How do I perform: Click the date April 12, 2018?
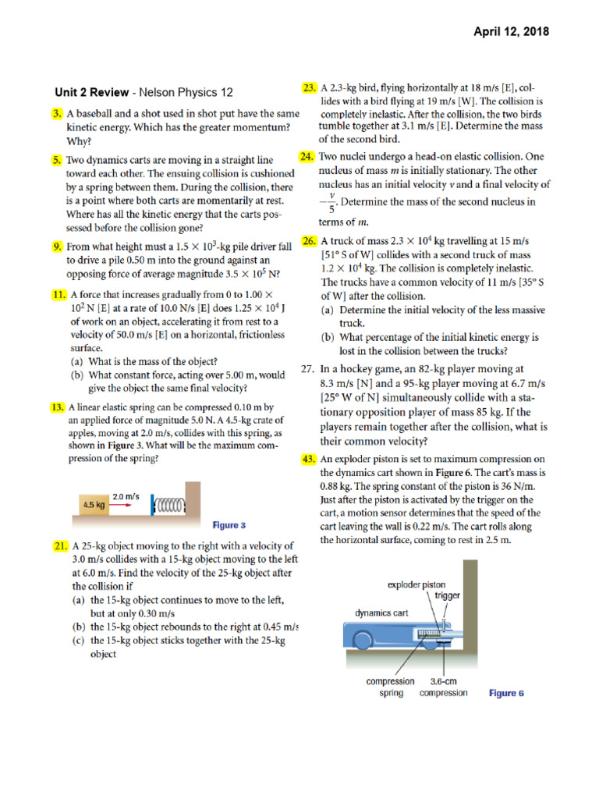(512, 32)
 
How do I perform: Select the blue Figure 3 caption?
(229, 525)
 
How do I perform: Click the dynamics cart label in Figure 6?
(381, 613)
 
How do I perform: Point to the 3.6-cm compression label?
(443, 687)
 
